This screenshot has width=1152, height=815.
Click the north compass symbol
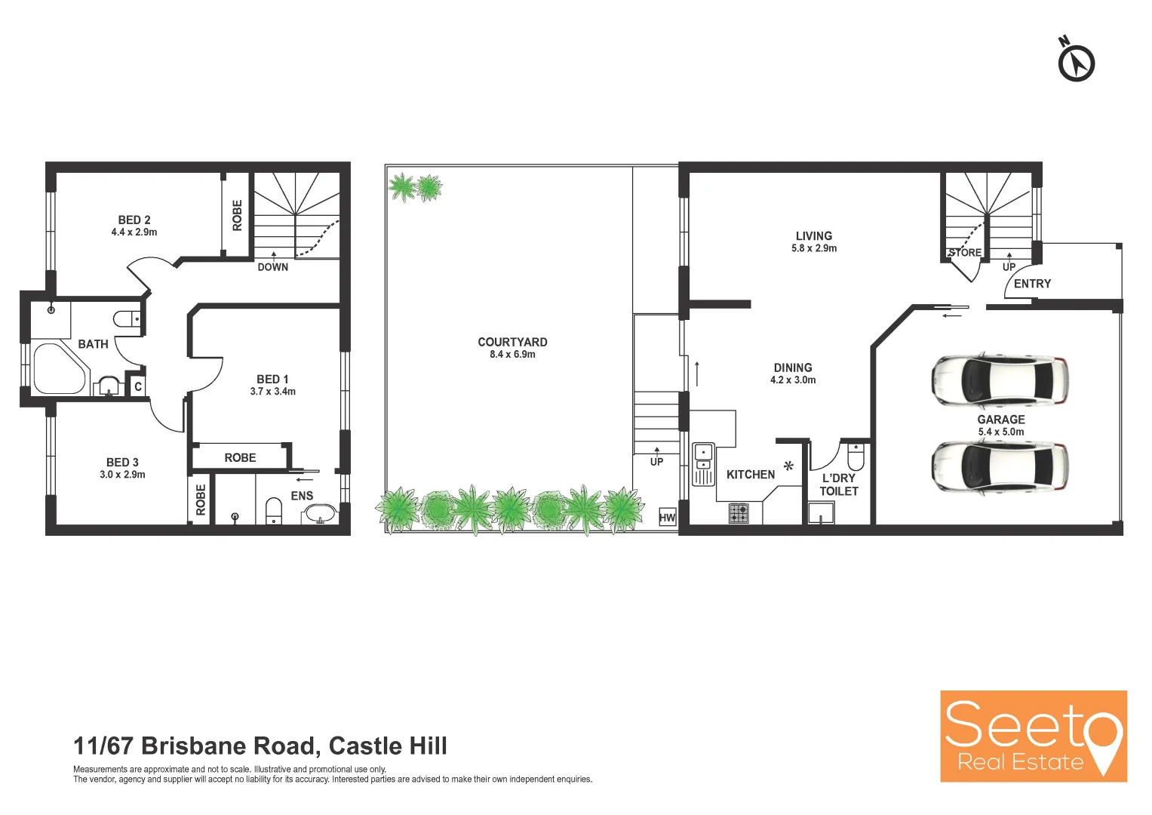click(1076, 61)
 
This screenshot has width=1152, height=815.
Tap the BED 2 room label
click(134, 220)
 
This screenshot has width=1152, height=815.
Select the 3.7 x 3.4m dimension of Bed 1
click(273, 392)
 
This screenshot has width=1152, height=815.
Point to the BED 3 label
click(122, 463)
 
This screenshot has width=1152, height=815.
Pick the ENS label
click(302, 496)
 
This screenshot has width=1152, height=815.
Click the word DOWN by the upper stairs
click(273, 267)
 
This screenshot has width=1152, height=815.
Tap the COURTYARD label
click(512, 342)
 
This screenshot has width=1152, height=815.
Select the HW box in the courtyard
click(667, 517)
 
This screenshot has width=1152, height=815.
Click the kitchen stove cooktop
click(739, 513)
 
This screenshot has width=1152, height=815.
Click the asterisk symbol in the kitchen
click(788, 466)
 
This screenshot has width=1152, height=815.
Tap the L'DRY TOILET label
click(839, 484)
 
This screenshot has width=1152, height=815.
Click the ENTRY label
click(1032, 284)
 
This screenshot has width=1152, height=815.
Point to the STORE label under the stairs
click(966, 253)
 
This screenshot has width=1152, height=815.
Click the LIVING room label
click(814, 236)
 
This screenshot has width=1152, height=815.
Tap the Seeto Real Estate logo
click(1033, 736)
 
